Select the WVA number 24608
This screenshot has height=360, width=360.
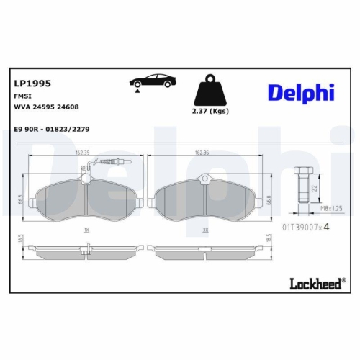tap(68, 106)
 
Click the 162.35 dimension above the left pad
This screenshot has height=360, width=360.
tap(81, 153)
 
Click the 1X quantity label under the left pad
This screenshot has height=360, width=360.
tap(86, 230)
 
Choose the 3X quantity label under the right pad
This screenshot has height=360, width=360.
tap(206, 230)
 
